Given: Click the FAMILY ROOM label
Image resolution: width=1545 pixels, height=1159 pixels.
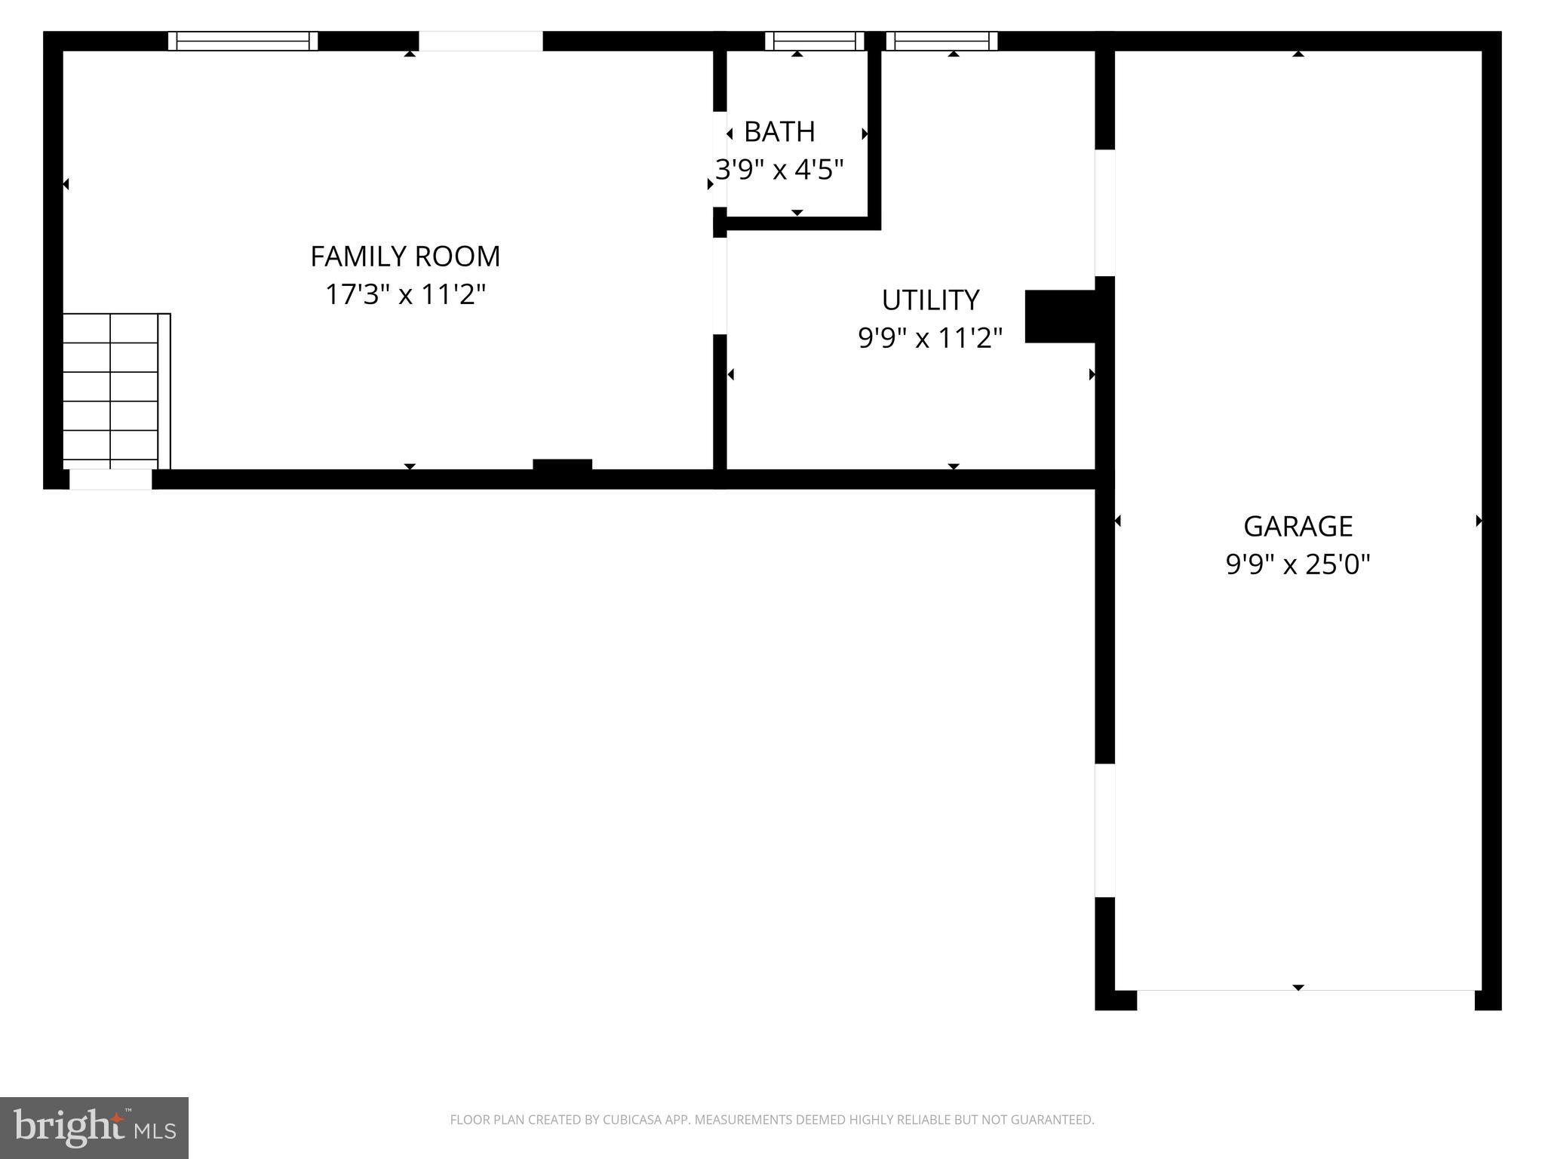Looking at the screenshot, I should click(405, 257).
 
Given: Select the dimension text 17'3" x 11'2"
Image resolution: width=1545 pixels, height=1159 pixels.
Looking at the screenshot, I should click(405, 294).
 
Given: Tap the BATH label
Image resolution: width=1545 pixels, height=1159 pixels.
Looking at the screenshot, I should click(779, 132).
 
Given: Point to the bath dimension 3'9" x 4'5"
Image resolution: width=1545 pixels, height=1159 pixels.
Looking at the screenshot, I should click(779, 170).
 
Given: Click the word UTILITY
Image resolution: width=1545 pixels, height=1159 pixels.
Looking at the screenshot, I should click(930, 300).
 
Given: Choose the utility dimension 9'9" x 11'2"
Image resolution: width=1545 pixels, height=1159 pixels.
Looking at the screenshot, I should click(930, 338).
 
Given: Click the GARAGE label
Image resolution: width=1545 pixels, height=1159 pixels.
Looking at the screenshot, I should click(1298, 527).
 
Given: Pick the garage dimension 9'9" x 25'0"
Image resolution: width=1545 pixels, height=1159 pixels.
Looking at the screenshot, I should click(1298, 564).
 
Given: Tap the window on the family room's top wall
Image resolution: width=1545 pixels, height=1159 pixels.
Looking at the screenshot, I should click(243, 41).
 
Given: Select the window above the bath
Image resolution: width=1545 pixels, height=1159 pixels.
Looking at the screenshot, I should click(815, 41).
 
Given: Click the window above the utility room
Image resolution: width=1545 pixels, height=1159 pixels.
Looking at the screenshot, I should click(941, 41).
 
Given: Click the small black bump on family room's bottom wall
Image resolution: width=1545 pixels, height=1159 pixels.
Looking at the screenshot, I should click(562, 464).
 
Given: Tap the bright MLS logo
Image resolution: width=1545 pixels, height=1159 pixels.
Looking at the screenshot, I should click(94, 1127).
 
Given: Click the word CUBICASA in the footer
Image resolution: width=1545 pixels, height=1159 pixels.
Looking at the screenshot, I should click(631, 1120).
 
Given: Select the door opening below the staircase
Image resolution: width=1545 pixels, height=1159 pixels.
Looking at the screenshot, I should click(111, 479).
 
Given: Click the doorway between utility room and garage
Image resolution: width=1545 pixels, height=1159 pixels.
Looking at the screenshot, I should click(1104, 213).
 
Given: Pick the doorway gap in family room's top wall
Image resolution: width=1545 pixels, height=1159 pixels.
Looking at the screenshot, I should click(481, 41).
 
